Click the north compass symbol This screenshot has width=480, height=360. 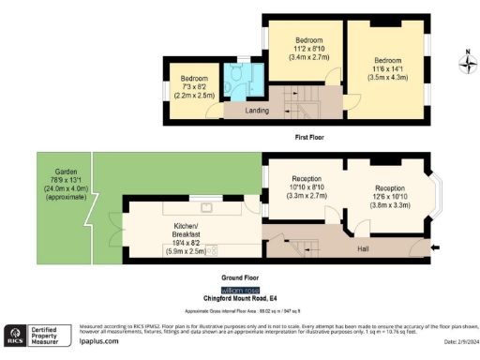466,63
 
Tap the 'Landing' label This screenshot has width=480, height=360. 257,110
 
